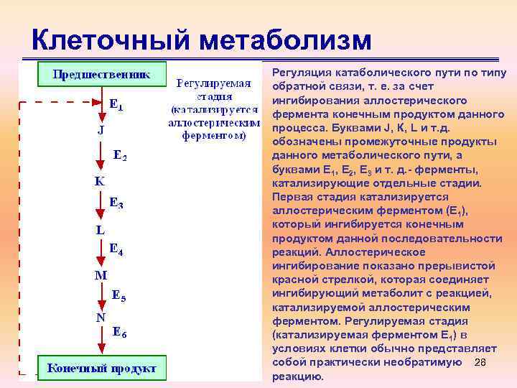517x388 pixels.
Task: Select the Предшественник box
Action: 101,74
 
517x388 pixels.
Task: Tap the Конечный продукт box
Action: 101,368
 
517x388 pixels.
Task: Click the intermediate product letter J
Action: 101,131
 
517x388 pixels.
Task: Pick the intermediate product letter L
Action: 101,229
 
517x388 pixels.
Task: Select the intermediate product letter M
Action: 101,274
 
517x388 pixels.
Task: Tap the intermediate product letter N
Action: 101,318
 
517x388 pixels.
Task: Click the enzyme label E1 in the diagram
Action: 116,105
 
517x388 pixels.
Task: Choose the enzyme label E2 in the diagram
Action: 121,154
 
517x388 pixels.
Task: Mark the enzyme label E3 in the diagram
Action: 116,204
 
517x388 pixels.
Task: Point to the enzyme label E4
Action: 116,249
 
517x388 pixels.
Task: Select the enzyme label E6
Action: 120,333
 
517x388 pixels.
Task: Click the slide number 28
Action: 481,362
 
